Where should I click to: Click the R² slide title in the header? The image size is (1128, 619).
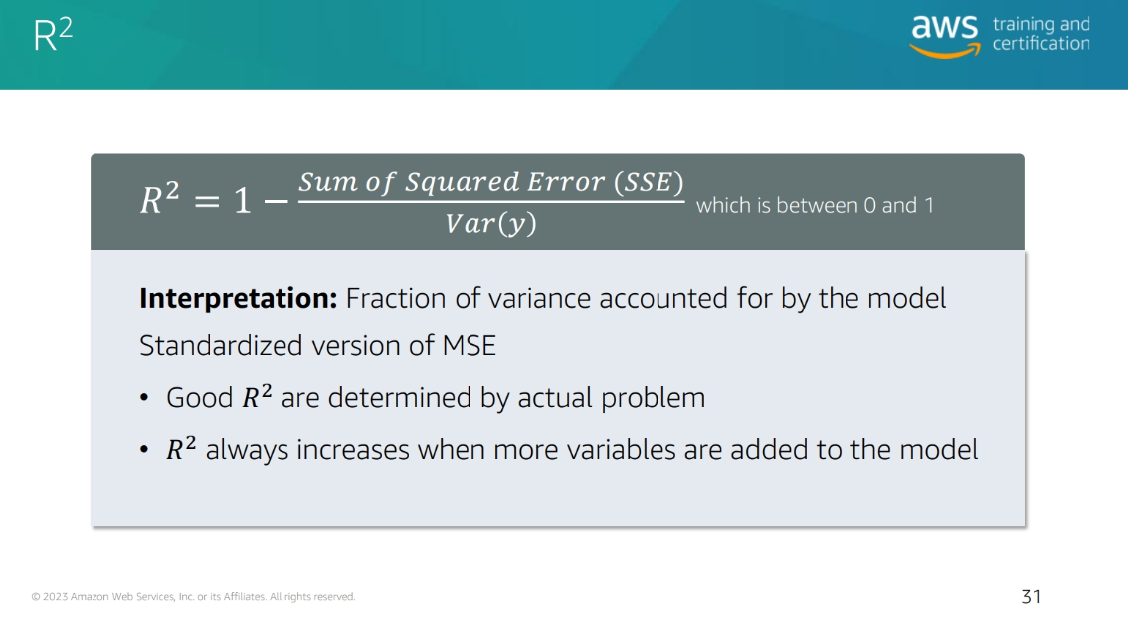tap(54, 35)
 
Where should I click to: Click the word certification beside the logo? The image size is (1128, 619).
tap(1040, 43)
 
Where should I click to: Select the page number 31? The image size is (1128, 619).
tap(1031, 597)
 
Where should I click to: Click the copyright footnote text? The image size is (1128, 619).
tap(194, 597)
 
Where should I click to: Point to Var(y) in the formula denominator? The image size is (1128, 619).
tap(490, 223)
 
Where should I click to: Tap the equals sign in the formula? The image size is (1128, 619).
tap(207, 201)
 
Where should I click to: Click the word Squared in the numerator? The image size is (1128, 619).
tap(462, 183)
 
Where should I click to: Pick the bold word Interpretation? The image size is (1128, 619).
tap(238, 298)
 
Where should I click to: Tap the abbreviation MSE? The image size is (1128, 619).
tap(470, 346)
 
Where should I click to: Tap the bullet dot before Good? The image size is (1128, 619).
tap(144, 398)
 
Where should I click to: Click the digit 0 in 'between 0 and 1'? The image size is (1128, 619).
tap(869, 206)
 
